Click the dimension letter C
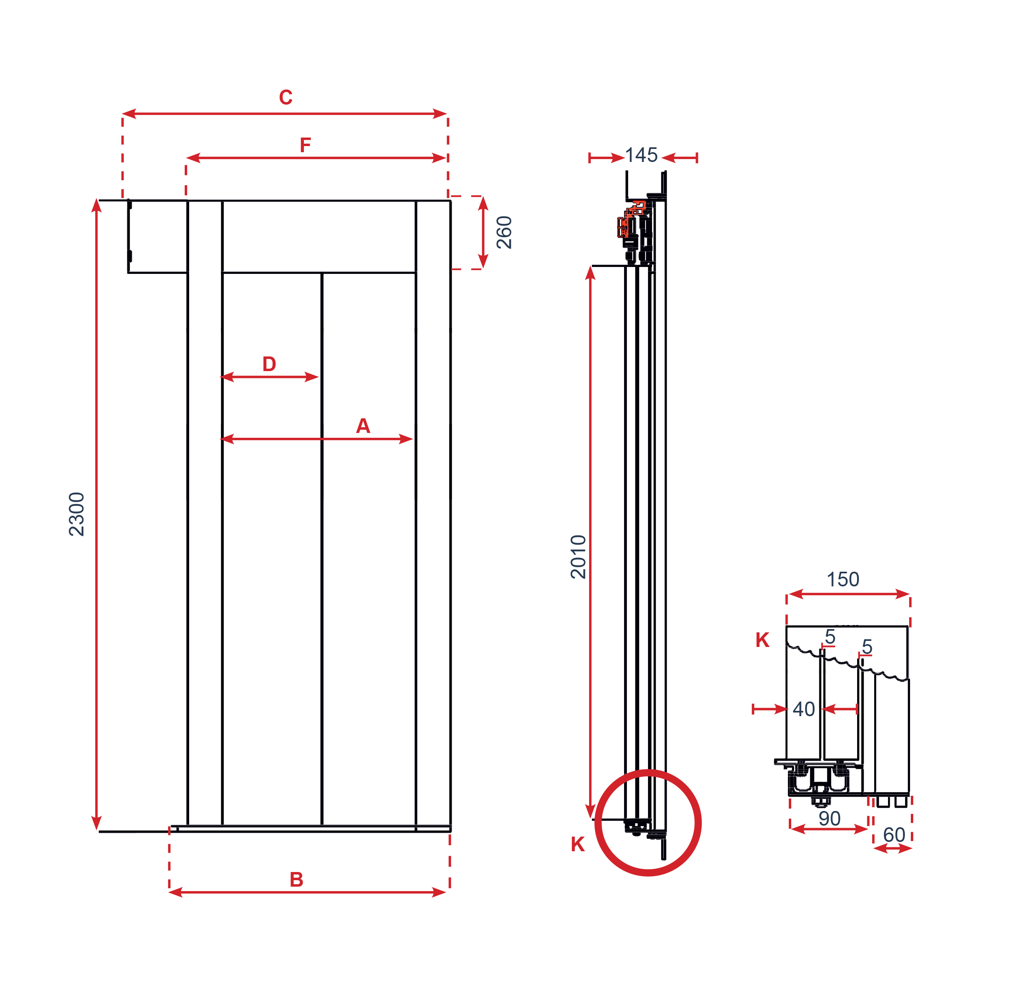pyautogui.click(x=286, y=97)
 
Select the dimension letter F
pyautogui.click(x=306, y=144)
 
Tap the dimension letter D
pyautogui.click(x=269, y=364)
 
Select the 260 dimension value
pyautogui.click(x=504, y=232)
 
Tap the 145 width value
pyautogui.click(x=641, y=155)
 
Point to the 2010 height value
pyautogui.click(x=578, y=557)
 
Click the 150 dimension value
pyautogui.click(x=843, y=579)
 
